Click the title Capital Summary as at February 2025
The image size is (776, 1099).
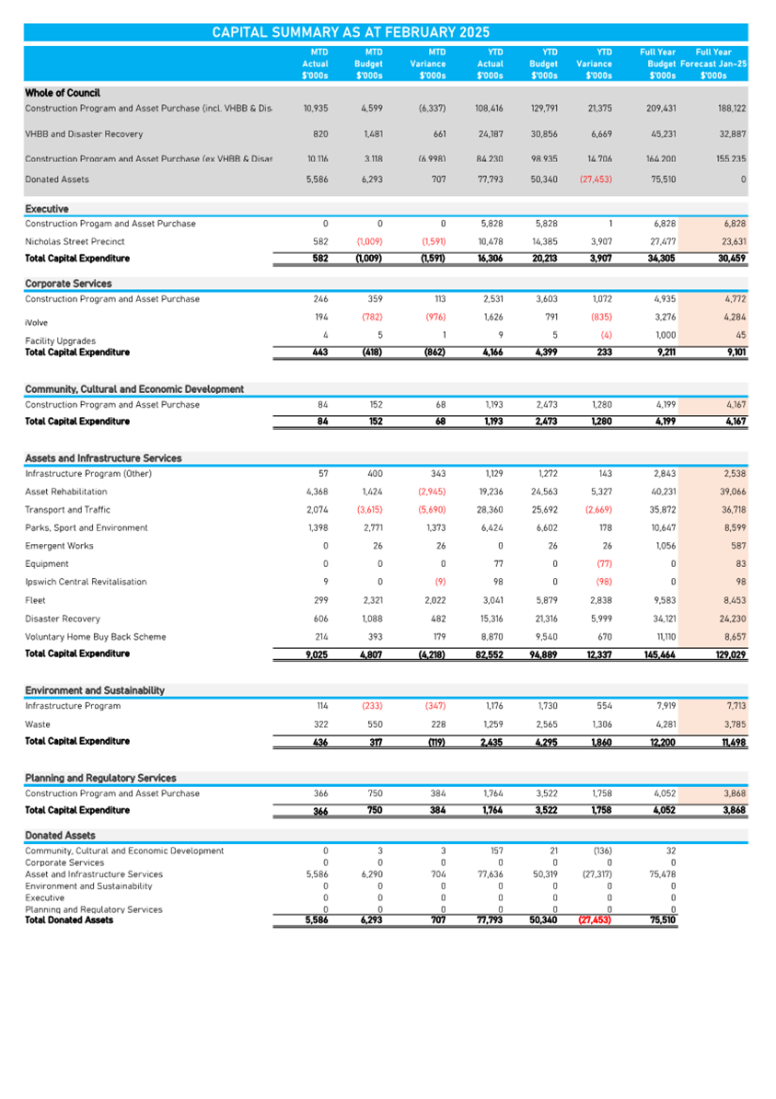click(x=351, y=32)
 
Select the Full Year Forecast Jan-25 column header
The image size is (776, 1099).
click(x=714, y=64)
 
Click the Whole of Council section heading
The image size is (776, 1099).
click(x=63, y=93)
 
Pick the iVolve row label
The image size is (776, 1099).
click(x=36, y=323)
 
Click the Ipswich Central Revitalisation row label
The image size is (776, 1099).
click(x=87, y=582)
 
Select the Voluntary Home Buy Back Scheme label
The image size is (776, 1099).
click(x=95, y=636)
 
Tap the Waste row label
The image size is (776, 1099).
click(x=38, y=723)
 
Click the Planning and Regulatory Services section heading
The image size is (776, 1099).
click(x=100, y=778)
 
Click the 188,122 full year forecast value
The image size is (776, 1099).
click(x=731, y=109)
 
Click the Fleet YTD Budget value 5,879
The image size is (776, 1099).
click(x=544, y=600)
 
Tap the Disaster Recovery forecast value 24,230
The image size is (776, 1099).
click(x=732, y=619)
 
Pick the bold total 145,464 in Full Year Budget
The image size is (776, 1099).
click(x=660, y=654)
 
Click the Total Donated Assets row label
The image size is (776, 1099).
click(x=69, y=920)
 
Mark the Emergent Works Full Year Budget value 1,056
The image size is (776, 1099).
click(x=664, y=546)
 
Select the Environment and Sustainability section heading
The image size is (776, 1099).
click(x=95, y=690)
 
